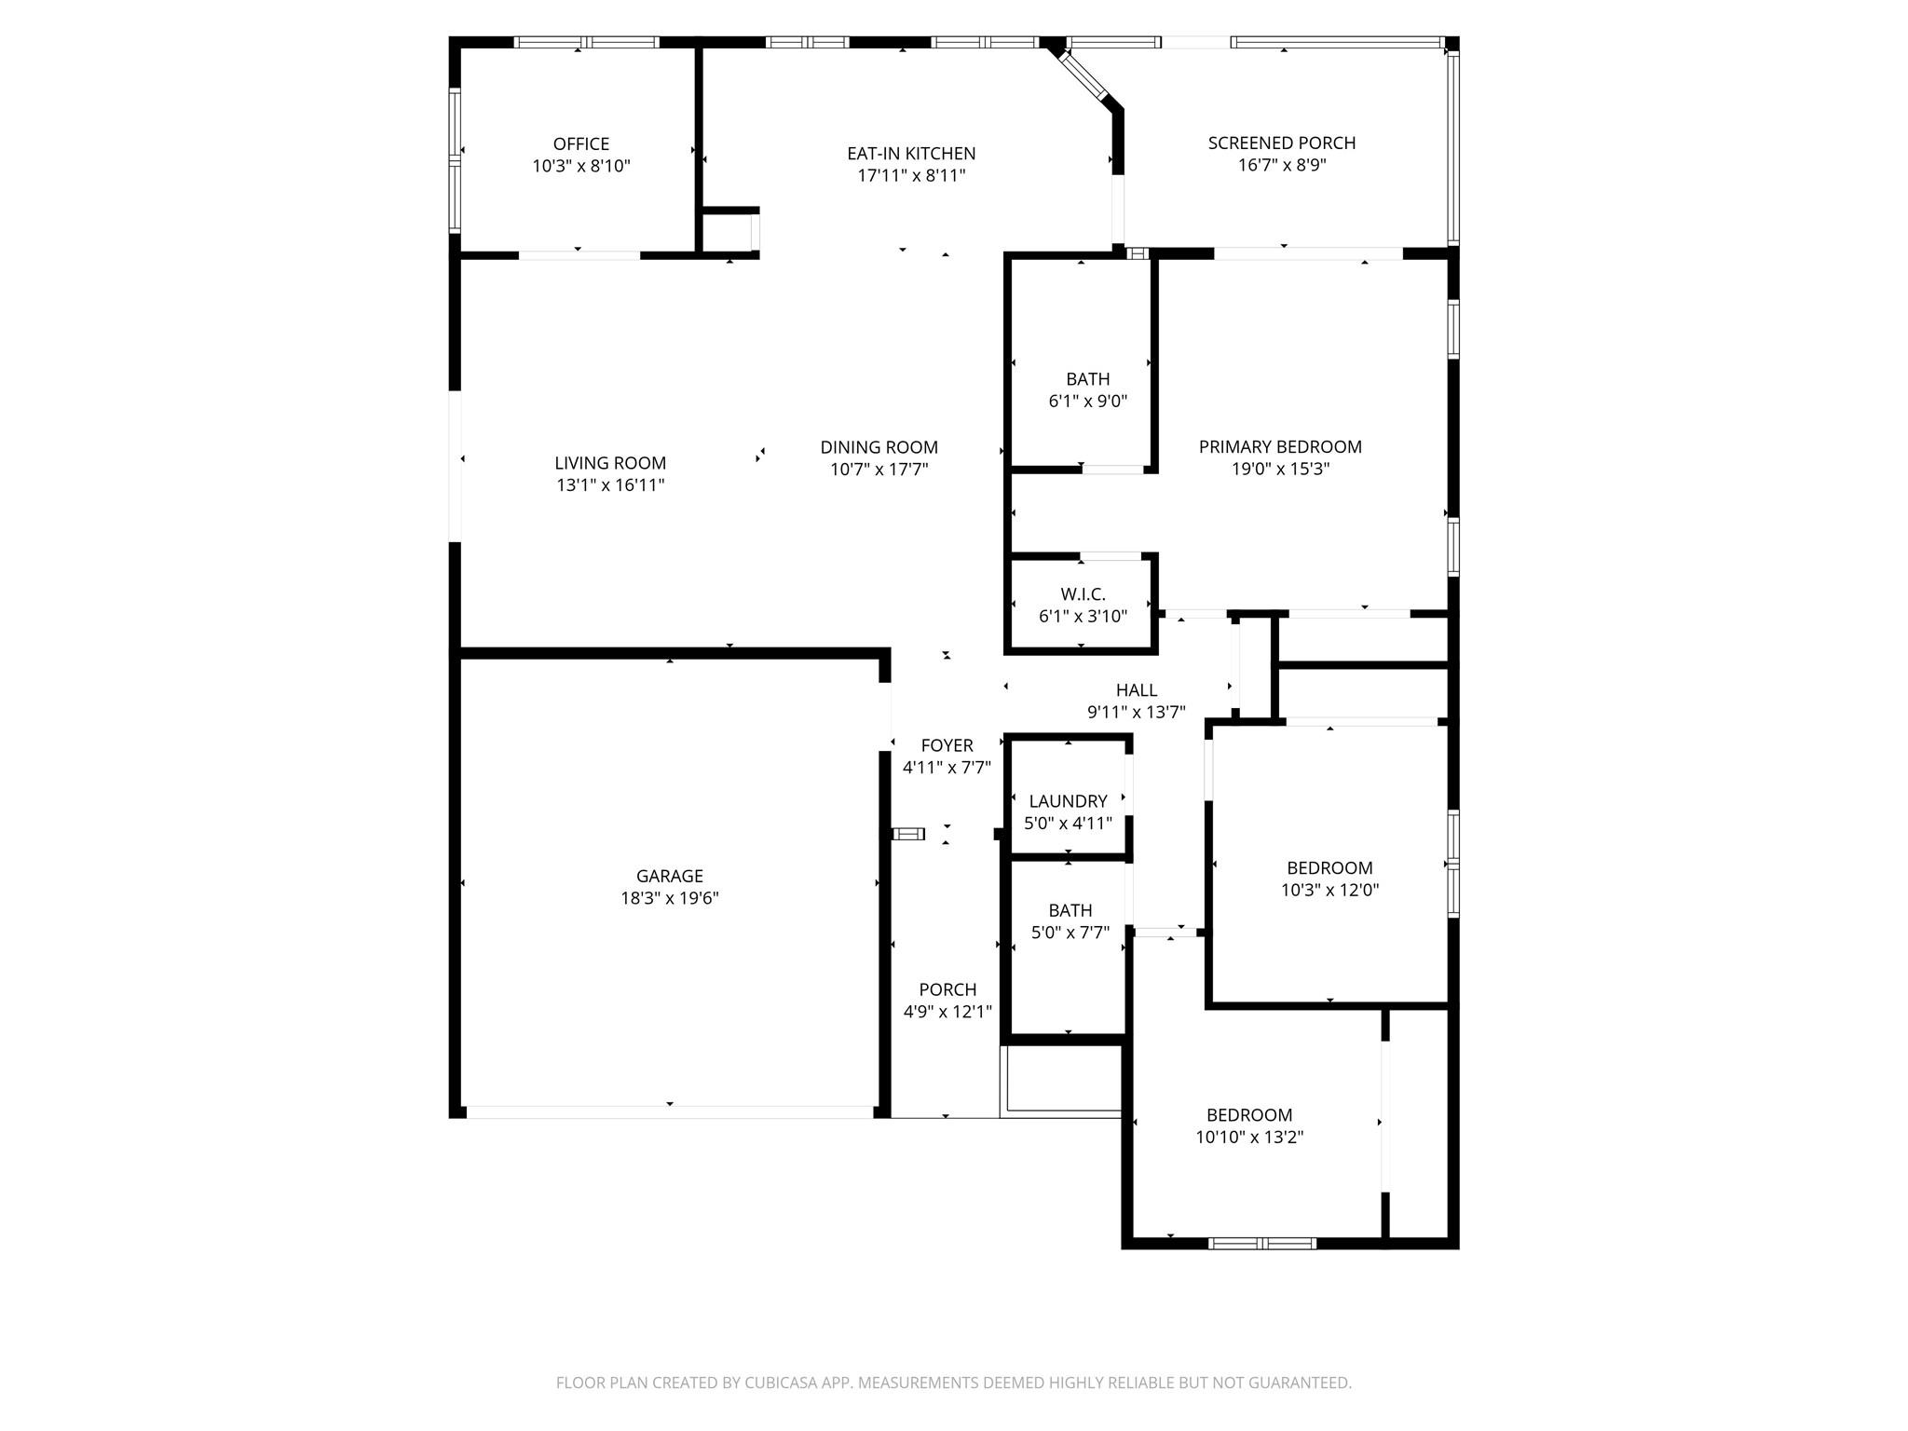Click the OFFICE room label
pos(581,144)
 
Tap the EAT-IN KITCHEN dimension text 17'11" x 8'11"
pos(911,176)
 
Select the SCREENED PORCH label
pos(1282,143)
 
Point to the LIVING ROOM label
pos(610,463)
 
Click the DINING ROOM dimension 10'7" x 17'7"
pos(879,470)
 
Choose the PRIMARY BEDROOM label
pos(1280,447)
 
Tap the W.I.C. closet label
pos(1083,594)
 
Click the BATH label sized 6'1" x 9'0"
pos(1088,379)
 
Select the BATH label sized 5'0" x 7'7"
pos(1070,910)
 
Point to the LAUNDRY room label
pos(1068,801)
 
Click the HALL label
pos(1137,690)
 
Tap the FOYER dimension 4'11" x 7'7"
pos(947,768)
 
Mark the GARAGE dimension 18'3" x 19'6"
pos(669,898)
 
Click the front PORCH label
pos(947,989)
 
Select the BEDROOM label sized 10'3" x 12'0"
pos(1329,868)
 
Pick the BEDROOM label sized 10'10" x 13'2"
pos(1249,1115)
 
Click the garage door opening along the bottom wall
pos(669,1111)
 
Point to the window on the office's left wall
pos(455,160)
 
